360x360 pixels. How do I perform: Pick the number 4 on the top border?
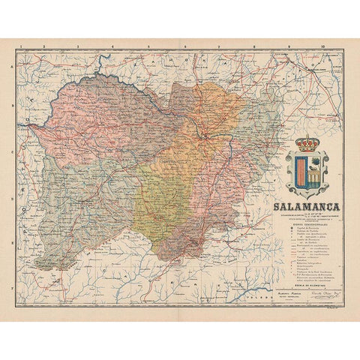point(112,46)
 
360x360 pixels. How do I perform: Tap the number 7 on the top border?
point(218,46)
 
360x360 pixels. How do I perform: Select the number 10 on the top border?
point(322,46)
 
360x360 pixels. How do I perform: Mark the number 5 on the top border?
point(148,46)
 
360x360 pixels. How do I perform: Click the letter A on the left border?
point(13,66)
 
